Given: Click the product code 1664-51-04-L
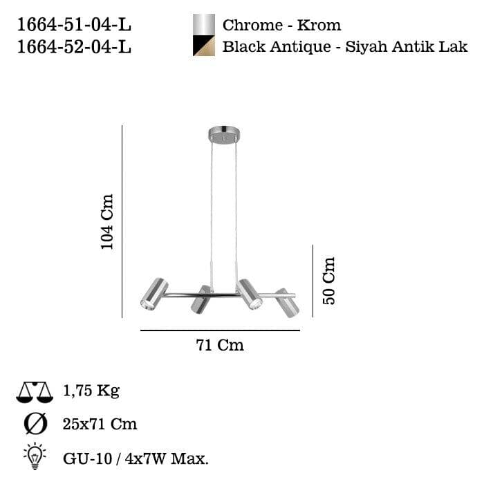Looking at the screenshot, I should [73, 26].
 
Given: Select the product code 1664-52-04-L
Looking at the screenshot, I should [73, 47].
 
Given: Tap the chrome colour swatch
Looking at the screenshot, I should [203, 25].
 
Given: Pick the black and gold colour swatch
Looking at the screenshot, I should [203, 47].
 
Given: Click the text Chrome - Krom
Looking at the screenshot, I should [281, 26].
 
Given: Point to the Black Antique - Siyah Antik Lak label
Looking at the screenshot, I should [345, 47].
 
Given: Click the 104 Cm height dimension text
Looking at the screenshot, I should [107, 221].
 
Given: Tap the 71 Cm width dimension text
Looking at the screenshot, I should [220, 345].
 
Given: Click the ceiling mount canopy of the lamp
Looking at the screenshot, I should [223, 134].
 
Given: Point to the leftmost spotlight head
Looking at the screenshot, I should [154, 294].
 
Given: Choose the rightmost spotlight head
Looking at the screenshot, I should [287, 302].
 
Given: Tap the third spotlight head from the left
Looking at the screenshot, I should [250, 294].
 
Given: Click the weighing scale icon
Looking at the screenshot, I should [35, 392].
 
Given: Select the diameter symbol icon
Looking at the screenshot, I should [35, 423].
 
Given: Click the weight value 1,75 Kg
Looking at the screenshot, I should [91, 391].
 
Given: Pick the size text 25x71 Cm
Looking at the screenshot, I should [100, 424].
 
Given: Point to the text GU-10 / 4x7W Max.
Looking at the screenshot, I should [136, 457].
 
